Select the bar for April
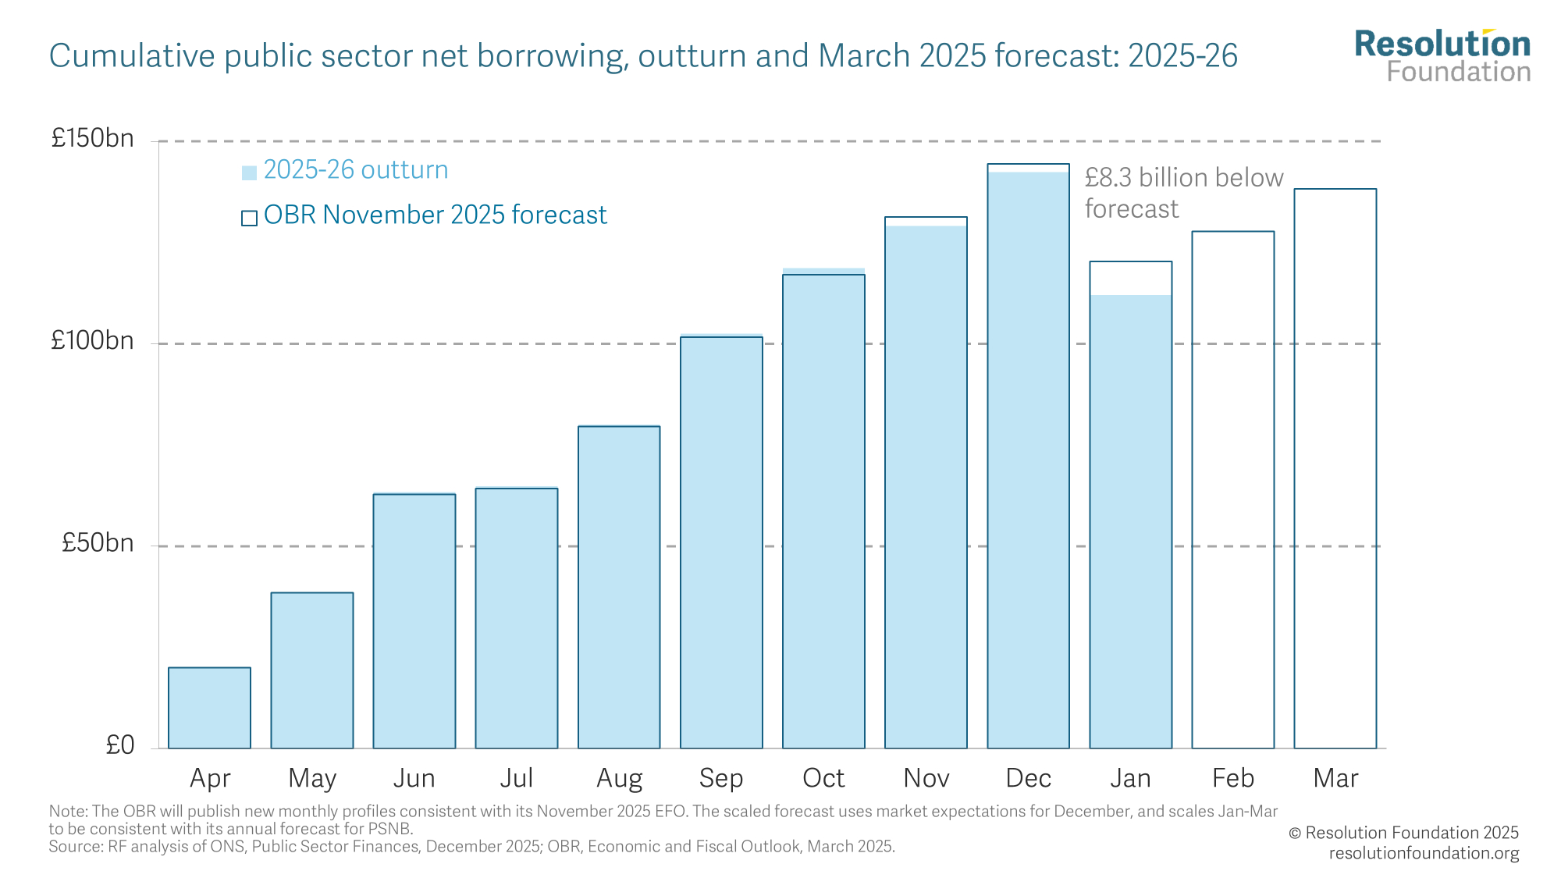(x=209, y=707)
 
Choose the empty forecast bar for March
(x=1335, y=468)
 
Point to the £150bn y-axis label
(x=92, y=139)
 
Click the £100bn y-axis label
(x=92, y=341)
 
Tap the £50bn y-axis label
(x=98, y=543)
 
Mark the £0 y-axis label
(x=120, y=745)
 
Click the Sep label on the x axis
(x=721, y=778)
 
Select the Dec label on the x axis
(x=1028, y=778)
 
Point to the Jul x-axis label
(x=516, y=778)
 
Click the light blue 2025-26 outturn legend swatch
(x=249, y=172)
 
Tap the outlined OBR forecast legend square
(x=249, y=218)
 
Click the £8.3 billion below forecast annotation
(x=1183, y=193)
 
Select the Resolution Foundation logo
(x=1442, y=56)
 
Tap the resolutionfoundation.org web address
(x=1424, y=853)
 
